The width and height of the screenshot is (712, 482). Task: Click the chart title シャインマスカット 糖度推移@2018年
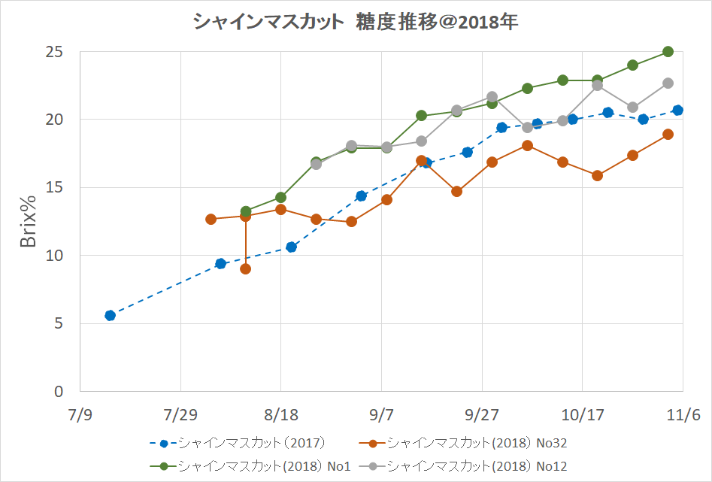[x=356, y=23]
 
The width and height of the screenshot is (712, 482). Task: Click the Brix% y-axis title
[x=27, y=222]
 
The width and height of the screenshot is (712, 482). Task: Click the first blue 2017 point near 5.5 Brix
[x=110, y=315]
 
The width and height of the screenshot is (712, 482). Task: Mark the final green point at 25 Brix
[x=668, y=52]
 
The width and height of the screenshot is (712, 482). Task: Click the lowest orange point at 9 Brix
[x=245, y=268]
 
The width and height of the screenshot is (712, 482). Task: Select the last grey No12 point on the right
[x=668, y=83]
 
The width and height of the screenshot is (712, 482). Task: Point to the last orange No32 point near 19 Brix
[x=668, y=134]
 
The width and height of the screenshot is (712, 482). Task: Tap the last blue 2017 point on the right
[x=677, y=110]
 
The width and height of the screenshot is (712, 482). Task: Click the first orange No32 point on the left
[x=211, y=219]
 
